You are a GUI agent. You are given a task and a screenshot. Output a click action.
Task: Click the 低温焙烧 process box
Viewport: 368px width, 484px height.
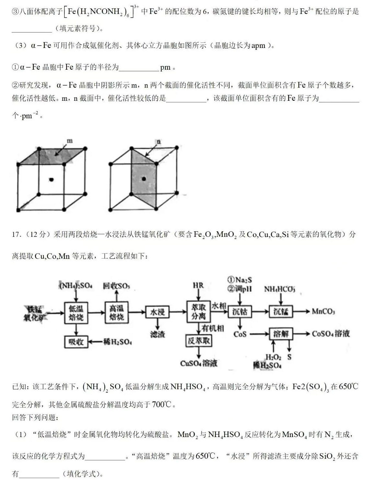pos(76,313)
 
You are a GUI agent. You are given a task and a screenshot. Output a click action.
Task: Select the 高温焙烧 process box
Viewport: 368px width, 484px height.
pos(117,312)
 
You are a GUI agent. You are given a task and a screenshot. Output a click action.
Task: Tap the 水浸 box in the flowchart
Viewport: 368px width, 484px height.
pos(157,312)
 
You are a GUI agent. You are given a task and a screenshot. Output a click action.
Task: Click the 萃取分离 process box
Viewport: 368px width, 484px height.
pos(199,312)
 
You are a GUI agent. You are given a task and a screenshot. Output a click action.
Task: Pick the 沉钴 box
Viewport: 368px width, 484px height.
pos(240,312)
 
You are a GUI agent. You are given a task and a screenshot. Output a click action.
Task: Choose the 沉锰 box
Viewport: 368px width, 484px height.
pos(281,312)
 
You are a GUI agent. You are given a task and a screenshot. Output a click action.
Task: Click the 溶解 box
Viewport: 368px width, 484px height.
pos(281,334)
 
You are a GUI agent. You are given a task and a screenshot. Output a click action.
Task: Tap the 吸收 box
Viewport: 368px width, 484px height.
pos(76,342)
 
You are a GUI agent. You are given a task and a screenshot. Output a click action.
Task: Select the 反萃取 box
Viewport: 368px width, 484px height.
pos(199,341)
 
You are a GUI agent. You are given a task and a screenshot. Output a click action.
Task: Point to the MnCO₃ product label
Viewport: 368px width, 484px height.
pos(323,312)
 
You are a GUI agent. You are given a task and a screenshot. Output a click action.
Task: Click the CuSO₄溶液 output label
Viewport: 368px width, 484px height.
pos(199,363)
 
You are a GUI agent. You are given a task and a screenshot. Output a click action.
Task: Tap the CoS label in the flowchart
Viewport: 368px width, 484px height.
pos(240,334)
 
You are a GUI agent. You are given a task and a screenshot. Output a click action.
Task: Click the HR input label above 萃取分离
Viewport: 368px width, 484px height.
pos(198,285)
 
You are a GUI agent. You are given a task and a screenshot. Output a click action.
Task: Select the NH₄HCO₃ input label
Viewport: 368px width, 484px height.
pos(280,289)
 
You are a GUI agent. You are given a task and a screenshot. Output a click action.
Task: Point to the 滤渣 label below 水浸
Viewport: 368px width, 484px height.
pos(157,335)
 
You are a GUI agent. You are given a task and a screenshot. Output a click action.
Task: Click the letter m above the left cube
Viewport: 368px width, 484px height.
pos(70,141)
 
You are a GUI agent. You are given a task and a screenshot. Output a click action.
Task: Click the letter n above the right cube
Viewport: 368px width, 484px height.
pos(158,142)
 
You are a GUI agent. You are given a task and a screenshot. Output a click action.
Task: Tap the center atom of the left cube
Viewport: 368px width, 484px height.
pos(52,179)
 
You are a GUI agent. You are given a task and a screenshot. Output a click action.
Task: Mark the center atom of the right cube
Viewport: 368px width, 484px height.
pos(144,179)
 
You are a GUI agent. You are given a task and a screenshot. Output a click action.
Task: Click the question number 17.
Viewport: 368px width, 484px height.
pos(16,234)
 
